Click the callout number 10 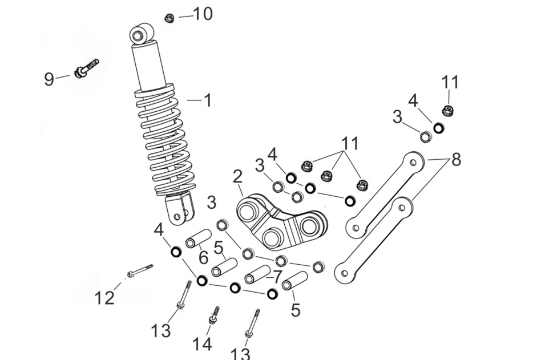click(x=203, y=14)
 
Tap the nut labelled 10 click(x=169, y=18)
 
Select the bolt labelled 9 click(x=86, y=68)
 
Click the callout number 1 click(x=207, y=100)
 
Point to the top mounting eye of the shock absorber click(x=142, y=34)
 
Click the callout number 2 click(x=238, y=177)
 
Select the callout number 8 click(x=456, y=160)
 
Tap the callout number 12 click(x=104, y=298)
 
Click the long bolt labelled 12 click(x=140, y=270)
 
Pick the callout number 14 click(x=202, y=344)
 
